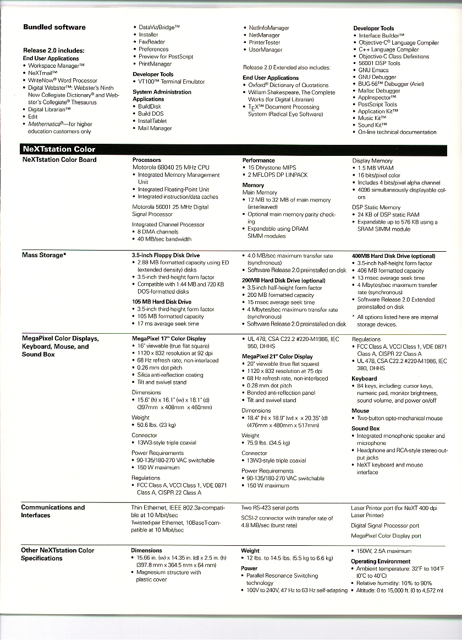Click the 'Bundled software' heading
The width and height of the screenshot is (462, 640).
(x=54, y=27)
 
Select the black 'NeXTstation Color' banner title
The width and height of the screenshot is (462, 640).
(x=58, y=149)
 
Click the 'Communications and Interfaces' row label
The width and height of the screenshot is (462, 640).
(x=53, y=511)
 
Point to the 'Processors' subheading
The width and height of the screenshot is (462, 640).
(x=147, y=160)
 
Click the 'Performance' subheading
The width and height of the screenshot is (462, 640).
(x=258, y=160)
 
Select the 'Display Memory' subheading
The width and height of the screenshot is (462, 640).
(x=372, y=161)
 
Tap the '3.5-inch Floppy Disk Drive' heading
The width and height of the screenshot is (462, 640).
(x=166, y=256)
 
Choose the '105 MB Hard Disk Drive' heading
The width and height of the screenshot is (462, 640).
(x=162, y=302)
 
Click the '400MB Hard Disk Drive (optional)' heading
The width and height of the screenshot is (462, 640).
(x=393, y=256)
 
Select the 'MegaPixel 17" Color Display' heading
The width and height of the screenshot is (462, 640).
(x=168, y=339)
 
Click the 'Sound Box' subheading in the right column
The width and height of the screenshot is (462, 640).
(x=366, y=428)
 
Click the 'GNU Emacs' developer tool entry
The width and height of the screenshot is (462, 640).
(x=373, y=70)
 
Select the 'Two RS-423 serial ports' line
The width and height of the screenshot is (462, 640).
(x=270, y=508)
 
